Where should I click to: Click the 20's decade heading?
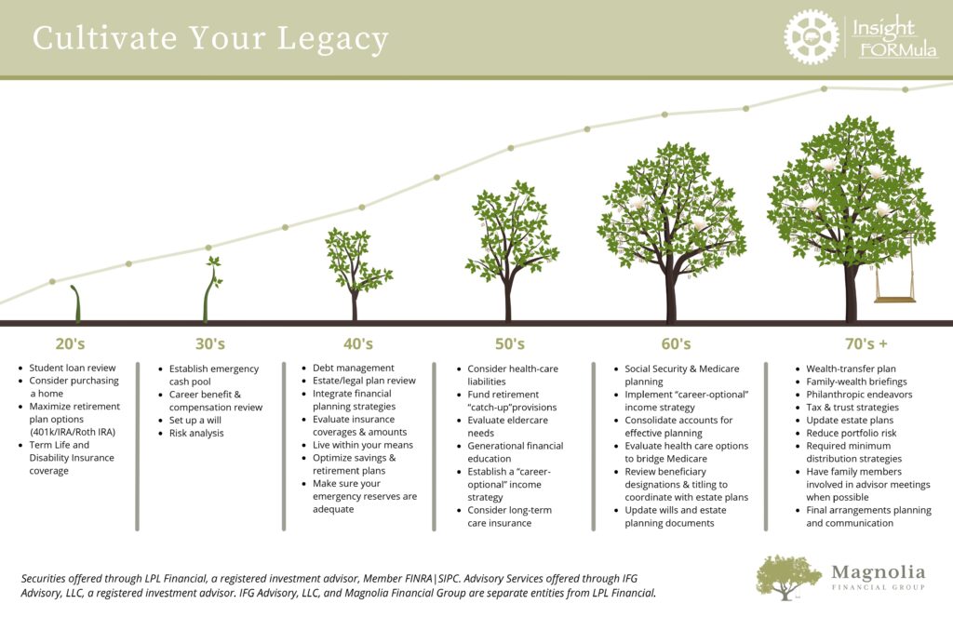tap(71, 344)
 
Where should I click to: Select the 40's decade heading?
tap(358, 344)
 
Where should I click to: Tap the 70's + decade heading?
tap(866, 344)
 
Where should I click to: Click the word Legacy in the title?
tap(332, 39)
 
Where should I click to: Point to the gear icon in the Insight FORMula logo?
tap(811, 37)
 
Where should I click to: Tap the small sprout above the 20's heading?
tap(76, 302)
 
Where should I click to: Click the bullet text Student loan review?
tap(73, 368)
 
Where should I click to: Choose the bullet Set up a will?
tap(195, 420)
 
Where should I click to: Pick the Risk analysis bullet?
tap(196, 433)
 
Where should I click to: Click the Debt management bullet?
tap(353, 368)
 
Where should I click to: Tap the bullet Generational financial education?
tap(516, 452)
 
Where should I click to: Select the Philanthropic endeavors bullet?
tap(859, 395)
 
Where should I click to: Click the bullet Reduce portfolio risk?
tap(851, 433)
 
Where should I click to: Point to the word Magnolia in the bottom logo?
tap(879, 572)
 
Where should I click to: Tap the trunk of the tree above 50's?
tap(508, 299)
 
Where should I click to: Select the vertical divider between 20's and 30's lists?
tap(138, 447)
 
